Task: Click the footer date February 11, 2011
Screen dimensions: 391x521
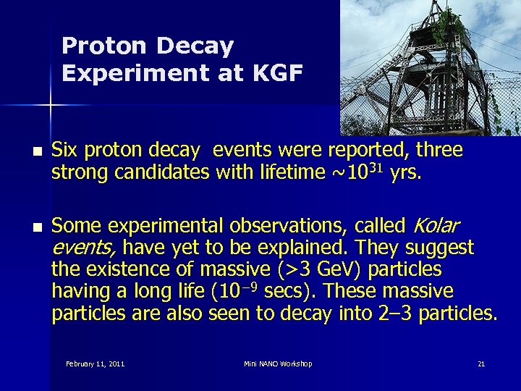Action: pyautogui.click(x=95, y=363)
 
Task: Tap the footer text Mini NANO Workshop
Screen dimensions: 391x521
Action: pyautogui.click(x=278, y=363)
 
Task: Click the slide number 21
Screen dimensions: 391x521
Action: pyautogui.click(x=481, y=363)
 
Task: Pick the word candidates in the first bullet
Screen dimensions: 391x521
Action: pyautogui.click(x=152, y=174)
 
